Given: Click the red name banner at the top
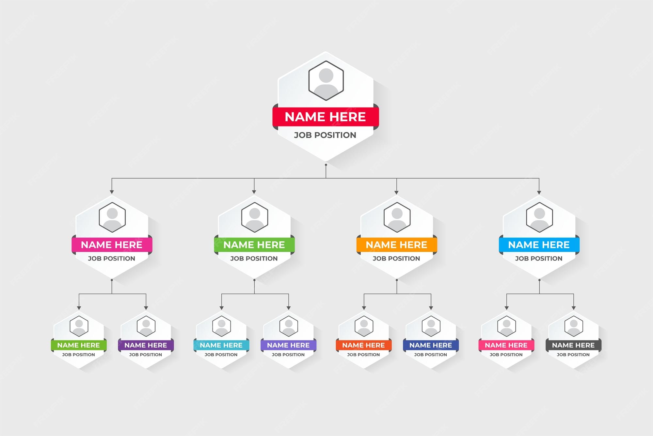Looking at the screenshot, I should (326, 117).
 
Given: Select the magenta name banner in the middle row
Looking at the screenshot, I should (112, 245).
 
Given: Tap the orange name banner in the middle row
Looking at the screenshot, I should (396, 245).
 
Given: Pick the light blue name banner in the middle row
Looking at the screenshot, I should (539, 245).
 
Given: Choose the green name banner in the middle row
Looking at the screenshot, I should (254, 245).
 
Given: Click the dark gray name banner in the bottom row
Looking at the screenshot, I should (573, 345).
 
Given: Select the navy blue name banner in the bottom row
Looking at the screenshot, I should (431, 345).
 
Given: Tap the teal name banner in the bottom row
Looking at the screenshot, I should (221, 345).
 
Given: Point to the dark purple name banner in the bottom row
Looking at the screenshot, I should (146, 345).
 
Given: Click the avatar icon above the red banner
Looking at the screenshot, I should (326, 80).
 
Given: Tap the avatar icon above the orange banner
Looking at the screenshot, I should (397, 217).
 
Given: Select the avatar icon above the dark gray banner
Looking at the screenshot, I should (573, 326).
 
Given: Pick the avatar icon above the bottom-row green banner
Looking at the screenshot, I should (79, 326).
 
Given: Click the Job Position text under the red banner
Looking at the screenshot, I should (325, 135).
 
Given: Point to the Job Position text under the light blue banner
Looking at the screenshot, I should (539, 259).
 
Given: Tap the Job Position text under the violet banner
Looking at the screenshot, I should (288, 355).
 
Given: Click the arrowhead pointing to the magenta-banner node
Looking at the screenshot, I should (112, 192).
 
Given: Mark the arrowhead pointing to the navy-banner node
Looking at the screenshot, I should (431, 308).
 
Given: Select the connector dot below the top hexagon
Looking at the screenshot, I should (326, 165).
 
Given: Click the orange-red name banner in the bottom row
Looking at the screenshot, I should (363, 345).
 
